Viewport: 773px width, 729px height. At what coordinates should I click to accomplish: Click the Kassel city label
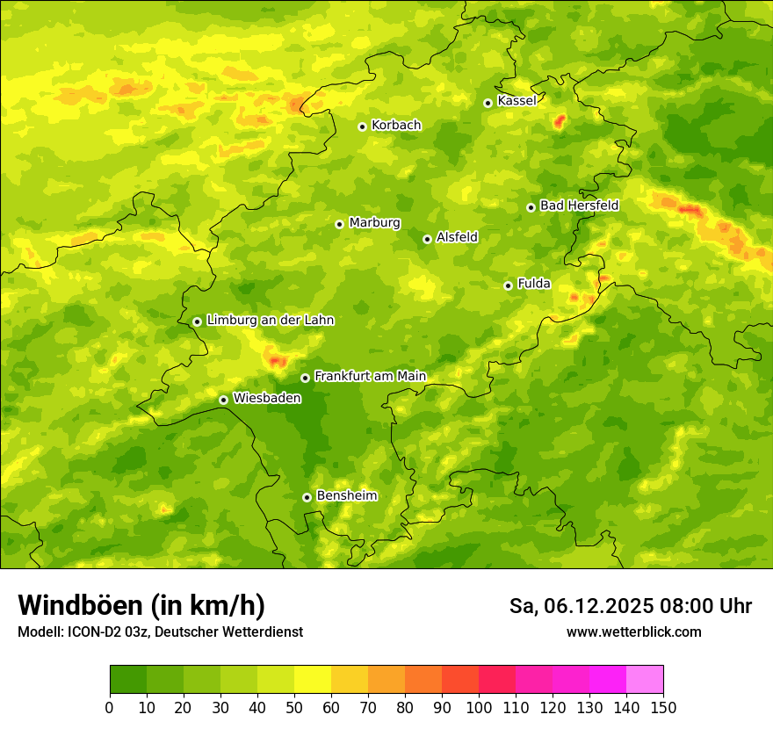517,101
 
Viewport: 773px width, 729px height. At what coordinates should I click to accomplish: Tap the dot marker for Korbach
362,126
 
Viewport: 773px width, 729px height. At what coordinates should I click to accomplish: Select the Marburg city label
374,223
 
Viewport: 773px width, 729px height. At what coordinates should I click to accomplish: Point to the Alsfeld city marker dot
427,239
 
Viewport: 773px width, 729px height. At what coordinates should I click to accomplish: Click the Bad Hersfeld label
579,206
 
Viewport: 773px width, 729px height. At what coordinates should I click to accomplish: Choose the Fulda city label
534,284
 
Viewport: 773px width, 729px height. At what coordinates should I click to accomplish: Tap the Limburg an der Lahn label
270,321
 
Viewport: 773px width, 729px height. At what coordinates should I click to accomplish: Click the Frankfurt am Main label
370,377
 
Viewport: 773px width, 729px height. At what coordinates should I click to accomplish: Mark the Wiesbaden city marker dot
223,400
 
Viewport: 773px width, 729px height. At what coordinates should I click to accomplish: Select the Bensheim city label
346,496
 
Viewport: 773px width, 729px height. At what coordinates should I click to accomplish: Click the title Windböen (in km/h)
141,605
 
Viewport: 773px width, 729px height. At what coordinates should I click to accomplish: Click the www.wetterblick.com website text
633,632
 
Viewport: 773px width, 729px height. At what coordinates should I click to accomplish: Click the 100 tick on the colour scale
479,707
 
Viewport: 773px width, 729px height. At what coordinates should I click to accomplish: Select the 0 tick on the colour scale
110,707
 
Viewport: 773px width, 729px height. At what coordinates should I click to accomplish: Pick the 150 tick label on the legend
663,707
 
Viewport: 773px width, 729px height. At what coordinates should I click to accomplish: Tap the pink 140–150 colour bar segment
645,679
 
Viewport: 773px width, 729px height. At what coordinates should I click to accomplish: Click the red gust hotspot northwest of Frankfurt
278,360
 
